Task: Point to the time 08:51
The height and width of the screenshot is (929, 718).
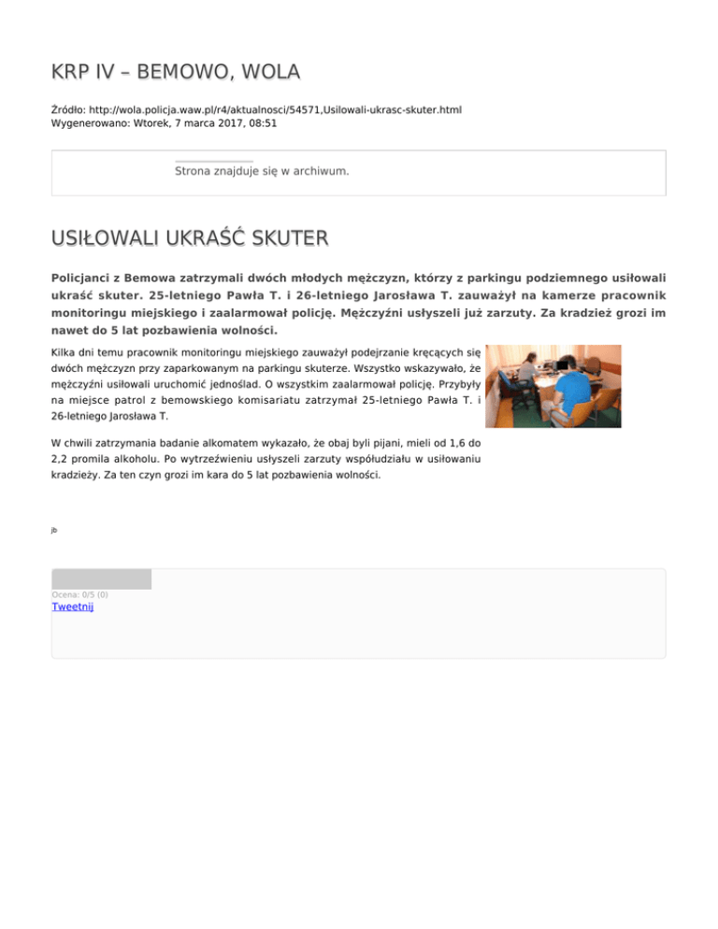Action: click(261, 122)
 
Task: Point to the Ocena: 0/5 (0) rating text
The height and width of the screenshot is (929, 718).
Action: click(79, 594)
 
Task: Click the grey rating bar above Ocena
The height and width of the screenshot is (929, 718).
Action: click(101, 579)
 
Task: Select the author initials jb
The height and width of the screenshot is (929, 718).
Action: click(54, 530)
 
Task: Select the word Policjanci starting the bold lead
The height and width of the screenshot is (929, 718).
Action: click(85, 278)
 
